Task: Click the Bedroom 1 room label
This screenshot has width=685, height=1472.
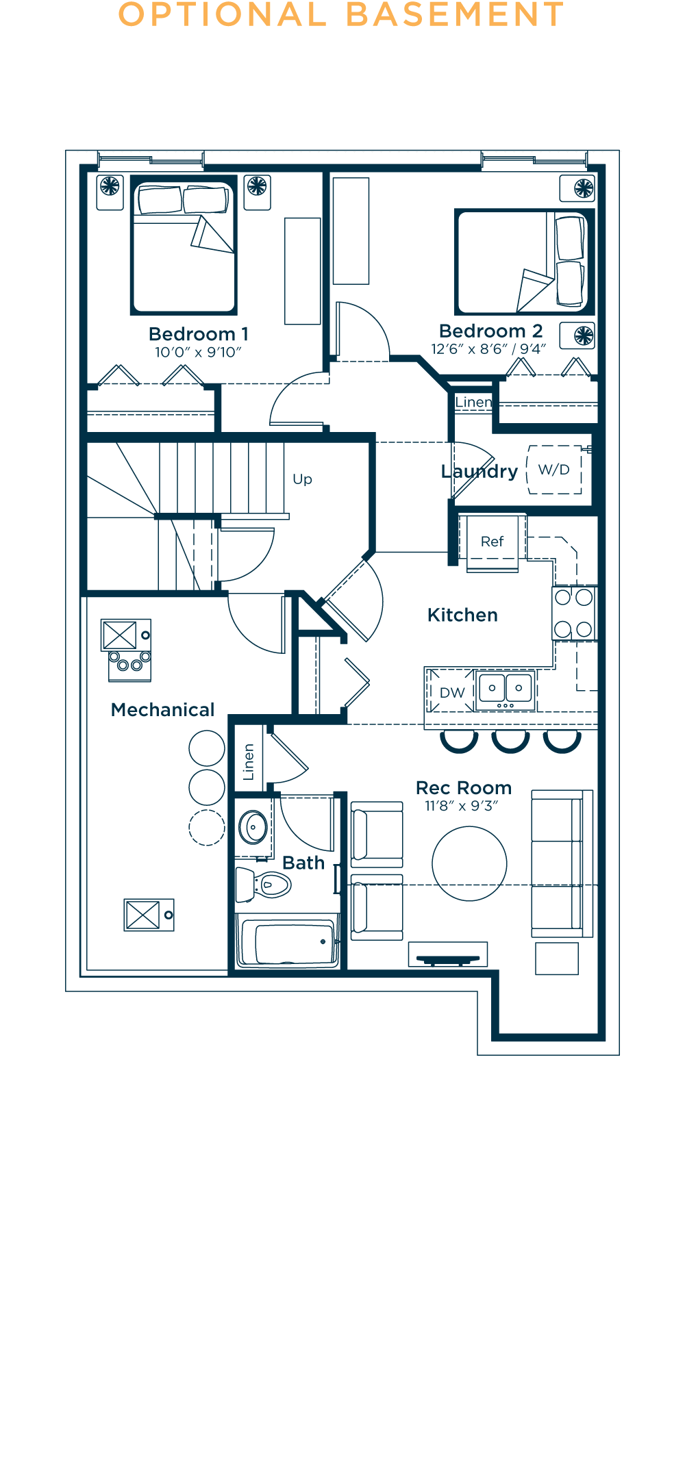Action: click(x=199, y=334)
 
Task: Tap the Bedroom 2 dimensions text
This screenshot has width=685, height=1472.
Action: click(x=488, y=349)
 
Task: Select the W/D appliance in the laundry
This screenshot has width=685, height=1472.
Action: click(x=554, y=470)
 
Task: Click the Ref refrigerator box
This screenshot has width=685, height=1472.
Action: click(x=493, y=542)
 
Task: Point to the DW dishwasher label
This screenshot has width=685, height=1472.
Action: click(x=452, y=693)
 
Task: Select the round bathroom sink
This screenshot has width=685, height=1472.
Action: click(x=253, y=827)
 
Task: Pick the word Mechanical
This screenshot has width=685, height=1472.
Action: click(x=163, y=710)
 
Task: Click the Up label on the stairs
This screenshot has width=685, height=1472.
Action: click(x=302, y=479)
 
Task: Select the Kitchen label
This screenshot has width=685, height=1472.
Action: click(x=462, y=615)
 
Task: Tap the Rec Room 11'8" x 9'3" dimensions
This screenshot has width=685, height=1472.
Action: click(x=462, y=806)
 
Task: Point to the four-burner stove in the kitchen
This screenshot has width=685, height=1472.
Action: click(x=574, y=613)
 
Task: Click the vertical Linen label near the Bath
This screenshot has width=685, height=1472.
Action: click(x=249, y=762)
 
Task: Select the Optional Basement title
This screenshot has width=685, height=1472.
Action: click(x=341, y=15)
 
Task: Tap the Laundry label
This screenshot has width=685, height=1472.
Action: click(x=480, y=472)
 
